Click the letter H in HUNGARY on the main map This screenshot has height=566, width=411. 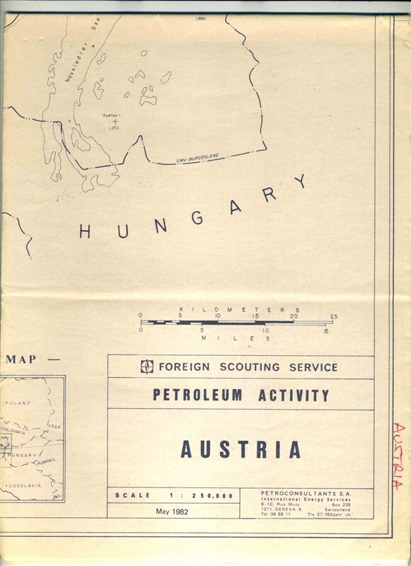85,231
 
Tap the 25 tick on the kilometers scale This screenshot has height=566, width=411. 333,316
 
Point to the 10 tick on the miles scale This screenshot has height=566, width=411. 265,330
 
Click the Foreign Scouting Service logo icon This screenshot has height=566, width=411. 146,366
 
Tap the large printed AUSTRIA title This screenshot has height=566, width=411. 241,449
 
